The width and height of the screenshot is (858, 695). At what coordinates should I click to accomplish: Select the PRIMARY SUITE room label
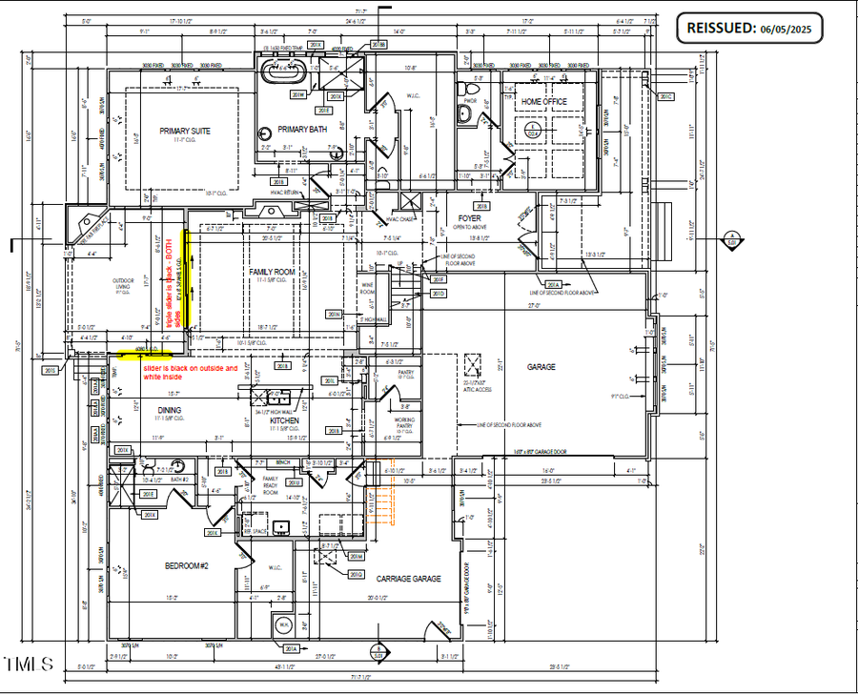coord(185,131)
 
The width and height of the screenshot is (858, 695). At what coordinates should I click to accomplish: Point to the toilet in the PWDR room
coord(466,113)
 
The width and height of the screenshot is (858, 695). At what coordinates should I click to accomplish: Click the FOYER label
coord(469,218)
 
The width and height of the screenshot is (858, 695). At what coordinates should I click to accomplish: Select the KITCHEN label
coord(285,419)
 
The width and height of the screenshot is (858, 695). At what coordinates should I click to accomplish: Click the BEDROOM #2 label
coord(186,565)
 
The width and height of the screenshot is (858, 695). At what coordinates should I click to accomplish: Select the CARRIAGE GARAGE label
coord(408,578)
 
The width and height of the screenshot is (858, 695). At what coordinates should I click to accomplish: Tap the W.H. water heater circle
coord(283,626)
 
